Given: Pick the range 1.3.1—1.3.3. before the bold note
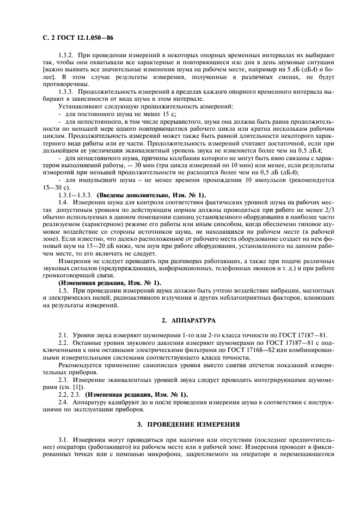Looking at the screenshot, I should click(x=76, y=195).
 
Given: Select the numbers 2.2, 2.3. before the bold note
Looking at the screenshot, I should click(x=69, y=393).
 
